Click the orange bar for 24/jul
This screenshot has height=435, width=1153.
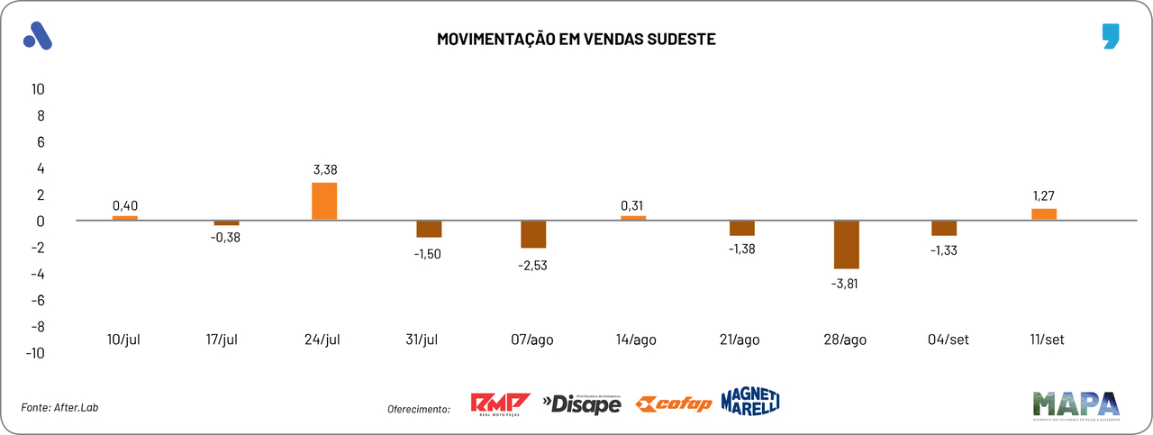[324, 201]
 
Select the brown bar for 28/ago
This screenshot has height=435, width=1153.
[847, 244]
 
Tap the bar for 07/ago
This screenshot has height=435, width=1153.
[533, 234]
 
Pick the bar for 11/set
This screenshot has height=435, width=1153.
[1044, 214]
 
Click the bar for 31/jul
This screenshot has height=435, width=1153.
[429, 229]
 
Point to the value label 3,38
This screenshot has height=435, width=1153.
[324, 169]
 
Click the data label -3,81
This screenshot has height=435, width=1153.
[847, 283]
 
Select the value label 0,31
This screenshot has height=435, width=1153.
[634, 204]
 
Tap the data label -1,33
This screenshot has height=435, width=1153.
[944, 250]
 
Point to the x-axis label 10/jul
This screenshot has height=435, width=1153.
[123, 340]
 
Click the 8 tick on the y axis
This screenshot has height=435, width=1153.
[39, 115]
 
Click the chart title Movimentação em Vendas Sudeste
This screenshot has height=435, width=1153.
[576, 39]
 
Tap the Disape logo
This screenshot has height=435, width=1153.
[582, 404]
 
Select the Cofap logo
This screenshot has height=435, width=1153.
[674, 404]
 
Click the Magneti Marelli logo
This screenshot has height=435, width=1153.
[749, 402]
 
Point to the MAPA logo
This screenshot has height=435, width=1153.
[1076, 404]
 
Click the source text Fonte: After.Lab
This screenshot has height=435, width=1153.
[59, 407]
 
